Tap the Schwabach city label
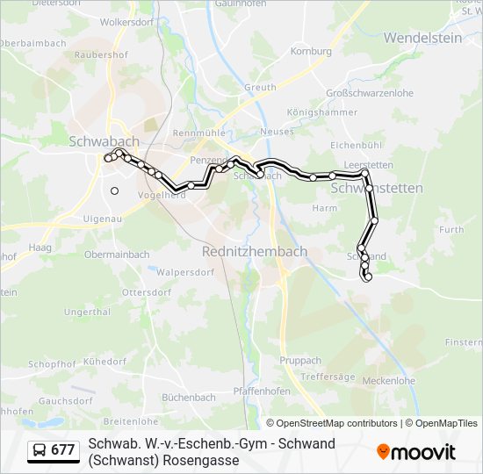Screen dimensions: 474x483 point(104,140)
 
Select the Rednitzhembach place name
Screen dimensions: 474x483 point(255,251)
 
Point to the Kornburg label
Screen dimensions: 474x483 point(311,52)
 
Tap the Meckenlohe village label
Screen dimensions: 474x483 point(388,381)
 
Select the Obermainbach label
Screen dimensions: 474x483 point(116,255)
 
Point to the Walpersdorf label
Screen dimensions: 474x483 point(185,272)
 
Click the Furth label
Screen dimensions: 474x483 point(451,230)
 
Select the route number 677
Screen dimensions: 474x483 point(63,451)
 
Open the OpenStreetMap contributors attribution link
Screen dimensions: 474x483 point(335,423)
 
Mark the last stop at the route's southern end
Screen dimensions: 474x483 point(368,277)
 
